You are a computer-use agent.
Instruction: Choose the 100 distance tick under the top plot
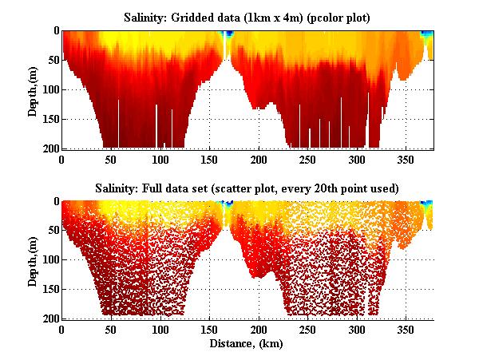[x=161, y=159]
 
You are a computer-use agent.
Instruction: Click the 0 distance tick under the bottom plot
[x=62, y=329]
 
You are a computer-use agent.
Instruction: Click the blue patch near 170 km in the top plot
[x=228, y=34]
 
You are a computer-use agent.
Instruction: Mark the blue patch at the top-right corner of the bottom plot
[x=427, y=203]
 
